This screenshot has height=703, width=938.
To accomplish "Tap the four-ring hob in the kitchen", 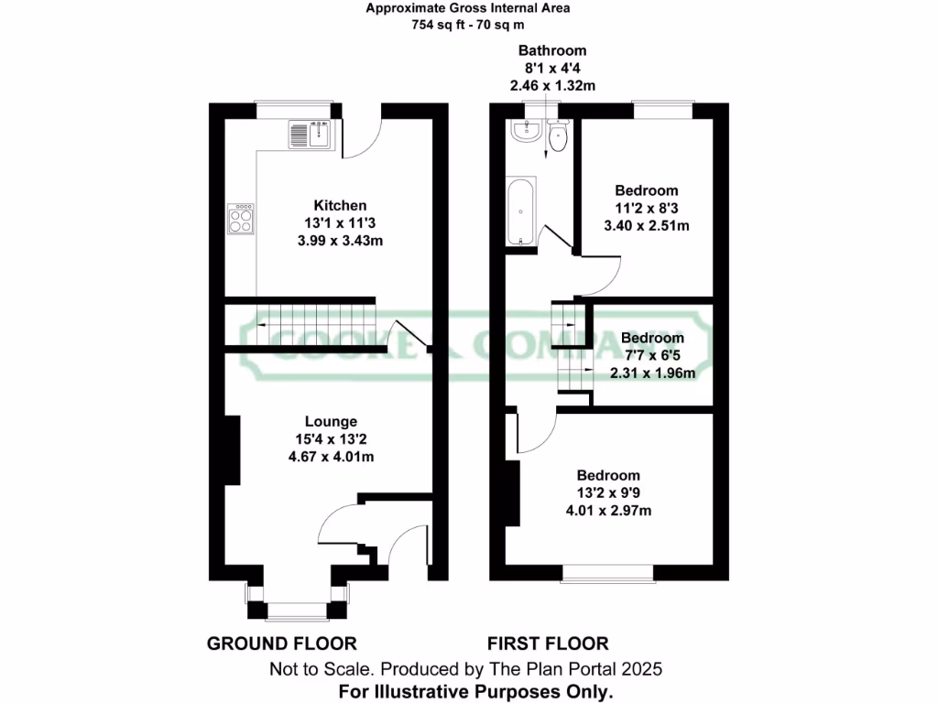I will point(242,219).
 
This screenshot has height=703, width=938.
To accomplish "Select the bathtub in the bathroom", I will point(520,212).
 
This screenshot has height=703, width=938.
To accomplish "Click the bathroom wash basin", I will point(526,133).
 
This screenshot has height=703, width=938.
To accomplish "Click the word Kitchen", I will point(340,205).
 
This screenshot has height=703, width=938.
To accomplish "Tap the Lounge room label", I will point(331,422).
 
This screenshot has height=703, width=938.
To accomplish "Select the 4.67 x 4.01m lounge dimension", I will point(331,457).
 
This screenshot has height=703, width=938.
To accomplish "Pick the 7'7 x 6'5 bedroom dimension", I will point(652,355).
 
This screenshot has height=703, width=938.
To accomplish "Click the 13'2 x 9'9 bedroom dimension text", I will point(608,493).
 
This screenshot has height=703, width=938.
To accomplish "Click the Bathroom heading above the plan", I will point(552,50).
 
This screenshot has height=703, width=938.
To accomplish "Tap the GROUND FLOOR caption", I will point(281,644).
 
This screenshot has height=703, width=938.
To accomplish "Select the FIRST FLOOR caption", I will point(548,644).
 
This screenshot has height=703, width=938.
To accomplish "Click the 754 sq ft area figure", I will point(436,26).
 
